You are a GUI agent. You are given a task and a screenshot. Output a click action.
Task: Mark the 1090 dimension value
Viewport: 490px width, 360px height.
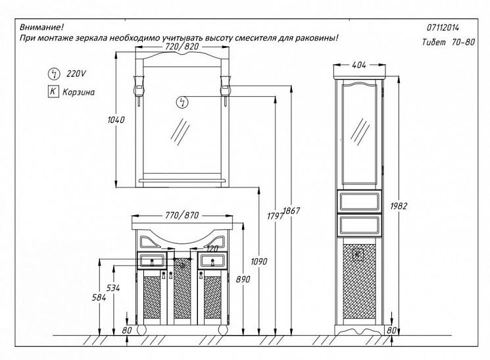(x=260, y=261)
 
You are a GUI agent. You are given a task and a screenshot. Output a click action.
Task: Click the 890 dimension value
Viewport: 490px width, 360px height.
(x=242, y=280)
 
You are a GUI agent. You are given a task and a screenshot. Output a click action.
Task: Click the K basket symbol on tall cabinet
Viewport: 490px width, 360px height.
(x=358, y=254)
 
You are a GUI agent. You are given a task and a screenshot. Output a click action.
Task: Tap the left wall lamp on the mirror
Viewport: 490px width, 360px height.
(x=139, y=86)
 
